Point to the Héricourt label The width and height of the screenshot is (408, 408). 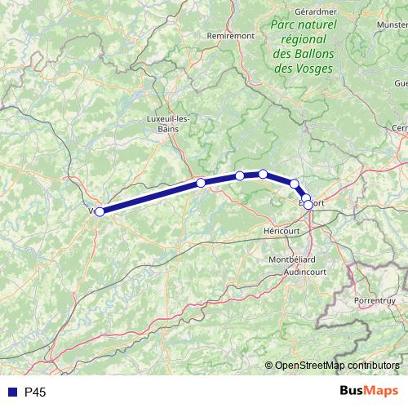282,232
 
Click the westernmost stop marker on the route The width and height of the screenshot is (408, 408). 100,211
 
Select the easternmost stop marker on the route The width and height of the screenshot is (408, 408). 308,205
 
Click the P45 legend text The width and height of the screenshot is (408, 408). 36,392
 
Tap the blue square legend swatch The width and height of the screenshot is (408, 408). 12,392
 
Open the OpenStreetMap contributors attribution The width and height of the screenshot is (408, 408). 337,366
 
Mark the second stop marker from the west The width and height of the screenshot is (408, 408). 201,183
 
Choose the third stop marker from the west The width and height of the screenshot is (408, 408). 240,175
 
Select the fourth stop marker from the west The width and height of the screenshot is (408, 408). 263,173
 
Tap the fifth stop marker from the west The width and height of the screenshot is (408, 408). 294,184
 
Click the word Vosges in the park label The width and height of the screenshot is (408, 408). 315,69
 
